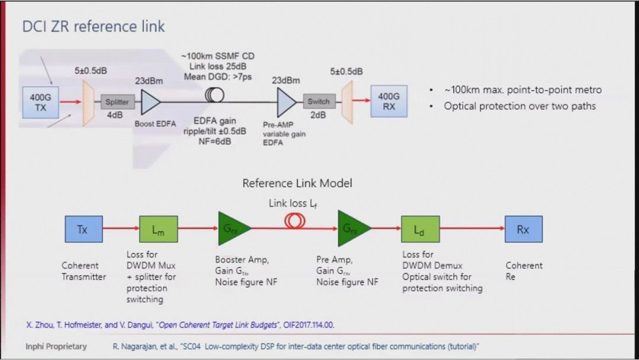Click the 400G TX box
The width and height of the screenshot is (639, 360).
tap(40, 102)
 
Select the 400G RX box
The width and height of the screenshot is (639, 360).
tap(388, 102)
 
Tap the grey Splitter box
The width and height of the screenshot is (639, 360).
tap(117, 102)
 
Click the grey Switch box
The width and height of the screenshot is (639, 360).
tap(318, 101)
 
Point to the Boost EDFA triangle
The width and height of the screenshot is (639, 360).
tap(149, 102)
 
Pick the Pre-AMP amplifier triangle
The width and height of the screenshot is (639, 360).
tap(286, 102)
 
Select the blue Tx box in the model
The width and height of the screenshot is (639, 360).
tap(83, 229)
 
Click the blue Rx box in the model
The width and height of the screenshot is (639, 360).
tap(523, 229)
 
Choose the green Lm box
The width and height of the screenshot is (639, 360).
tap(158, 229)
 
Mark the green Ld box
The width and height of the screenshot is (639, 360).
tap(419, 229)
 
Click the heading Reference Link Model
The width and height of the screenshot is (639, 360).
tap(297, 184)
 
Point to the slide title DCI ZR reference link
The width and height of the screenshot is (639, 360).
tap(93, 27)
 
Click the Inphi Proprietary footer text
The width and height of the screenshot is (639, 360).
tap(56, 346)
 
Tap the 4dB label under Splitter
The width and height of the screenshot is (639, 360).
tap(115, 115)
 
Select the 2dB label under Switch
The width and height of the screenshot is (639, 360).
tap(318, 115)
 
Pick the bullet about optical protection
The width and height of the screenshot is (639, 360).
tap(519, 106)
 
